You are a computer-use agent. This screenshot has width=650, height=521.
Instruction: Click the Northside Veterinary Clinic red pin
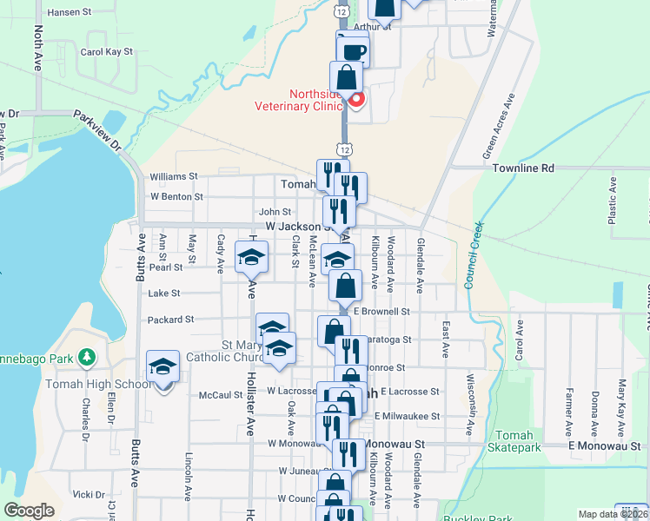coord(356,99)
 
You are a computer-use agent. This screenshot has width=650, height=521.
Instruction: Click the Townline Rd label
coord(523,168)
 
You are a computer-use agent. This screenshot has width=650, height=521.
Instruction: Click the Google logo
coord(30,511)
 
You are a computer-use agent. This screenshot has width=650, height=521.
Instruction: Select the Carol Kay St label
coord(106,52)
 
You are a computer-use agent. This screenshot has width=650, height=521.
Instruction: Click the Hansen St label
coord(70,12)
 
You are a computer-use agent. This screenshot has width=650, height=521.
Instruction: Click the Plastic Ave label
coord(613,201)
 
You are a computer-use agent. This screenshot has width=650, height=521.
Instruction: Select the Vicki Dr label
coord(89,494)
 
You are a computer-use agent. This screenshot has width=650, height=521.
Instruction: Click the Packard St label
coord(171,320)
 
